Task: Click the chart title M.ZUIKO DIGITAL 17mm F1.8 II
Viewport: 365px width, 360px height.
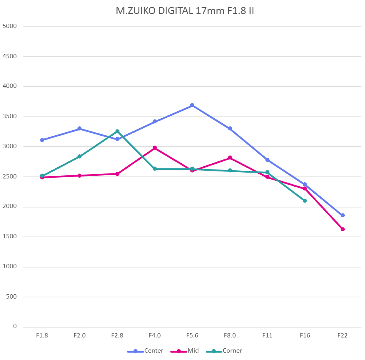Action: [x=185, y=10]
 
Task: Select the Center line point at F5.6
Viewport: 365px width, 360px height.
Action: [x=192, y=105]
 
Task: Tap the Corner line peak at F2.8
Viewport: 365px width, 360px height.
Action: [x=117, y=131]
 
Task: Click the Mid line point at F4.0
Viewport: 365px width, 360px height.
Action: [x=155, y=148]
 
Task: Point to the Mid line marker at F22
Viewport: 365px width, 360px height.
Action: [x=343, y=229]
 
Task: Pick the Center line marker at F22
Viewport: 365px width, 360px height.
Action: [x=343, y=215]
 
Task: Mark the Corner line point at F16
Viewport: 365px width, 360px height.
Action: [x=305, y=201]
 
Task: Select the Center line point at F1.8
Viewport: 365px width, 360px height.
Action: [x=42, y=140]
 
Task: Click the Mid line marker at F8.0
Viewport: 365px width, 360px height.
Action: [x=230, y=157]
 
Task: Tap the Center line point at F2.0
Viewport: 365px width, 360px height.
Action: [x=79, y=128]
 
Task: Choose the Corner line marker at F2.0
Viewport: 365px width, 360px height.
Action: [x=79, y=156]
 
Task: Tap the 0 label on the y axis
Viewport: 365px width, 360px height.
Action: [x=15, y=327]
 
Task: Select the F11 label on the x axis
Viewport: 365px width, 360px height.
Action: [x=267, y=336]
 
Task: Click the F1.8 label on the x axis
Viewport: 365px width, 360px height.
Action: [x=42, y=336]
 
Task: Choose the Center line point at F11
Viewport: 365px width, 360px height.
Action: [x=267, y=160]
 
